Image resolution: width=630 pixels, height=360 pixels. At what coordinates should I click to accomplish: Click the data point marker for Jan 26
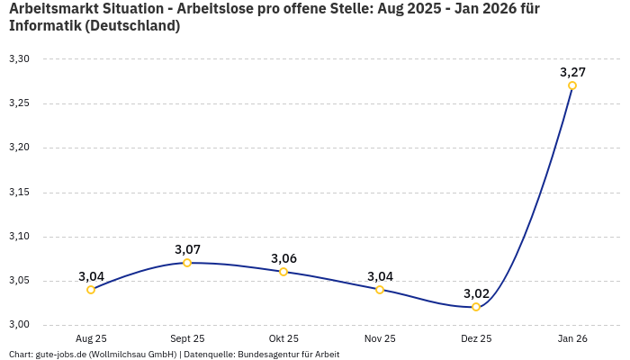pyautogui.click(x=572, y=85)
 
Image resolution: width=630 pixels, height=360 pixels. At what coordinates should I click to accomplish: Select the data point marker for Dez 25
pyautogui.click(x=476, y=307)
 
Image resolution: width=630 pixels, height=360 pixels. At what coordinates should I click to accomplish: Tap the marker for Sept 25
pyautogui.click(x=187, y=263)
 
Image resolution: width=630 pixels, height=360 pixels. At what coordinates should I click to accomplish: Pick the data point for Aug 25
pyautogui.click(x=91, y=290)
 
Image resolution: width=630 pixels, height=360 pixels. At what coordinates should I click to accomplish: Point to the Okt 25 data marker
pyautogui.click(x=283, y=272)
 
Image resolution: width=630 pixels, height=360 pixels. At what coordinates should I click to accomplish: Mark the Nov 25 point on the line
pyautogui.click(x=380, y=290)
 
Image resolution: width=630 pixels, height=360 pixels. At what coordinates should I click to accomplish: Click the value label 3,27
pyautogui.click(x=572, y=72)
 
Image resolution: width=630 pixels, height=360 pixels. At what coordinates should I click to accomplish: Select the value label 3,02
pyautogui.click(x=476, y=293)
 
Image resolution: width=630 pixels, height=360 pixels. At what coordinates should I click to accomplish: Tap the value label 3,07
pyautogui.click(x=187, y=249)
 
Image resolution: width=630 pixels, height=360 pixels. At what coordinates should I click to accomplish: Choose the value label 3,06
pyautogui.click(x=283, y=258)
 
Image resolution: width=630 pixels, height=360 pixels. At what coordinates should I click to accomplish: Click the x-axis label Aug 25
pyautogui.click(x=91, y=338)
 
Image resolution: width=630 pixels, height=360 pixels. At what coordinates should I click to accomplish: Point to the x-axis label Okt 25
pyautogui.click(x=283, y=338)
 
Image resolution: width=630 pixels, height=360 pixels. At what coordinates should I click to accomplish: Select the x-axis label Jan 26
pyautogui.click(x=572, y=338)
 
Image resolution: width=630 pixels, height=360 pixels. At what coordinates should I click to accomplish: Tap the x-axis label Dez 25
pyautogui.click(x=476, y=338)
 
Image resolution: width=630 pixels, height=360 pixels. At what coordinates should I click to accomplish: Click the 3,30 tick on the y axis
pyautogui.click(x=19, y=58)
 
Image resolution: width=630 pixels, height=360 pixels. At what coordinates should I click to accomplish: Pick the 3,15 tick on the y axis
pyautogui.click(x=19, y=192)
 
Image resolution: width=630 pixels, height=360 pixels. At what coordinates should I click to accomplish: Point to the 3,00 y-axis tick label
pyautogui.click(x=19, y=325)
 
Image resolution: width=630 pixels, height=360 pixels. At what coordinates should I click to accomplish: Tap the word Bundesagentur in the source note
pyautogui.click(x=271, y=354)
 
